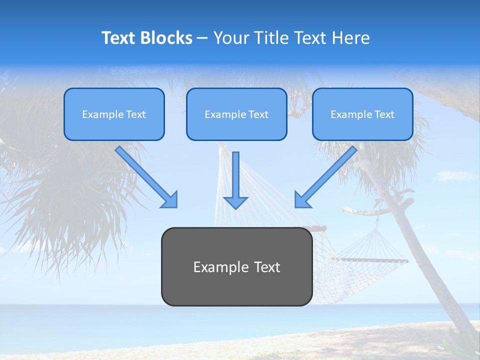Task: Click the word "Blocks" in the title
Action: pos(167,38)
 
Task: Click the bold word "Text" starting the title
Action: pos(120,38)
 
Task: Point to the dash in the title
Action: pos(202,38)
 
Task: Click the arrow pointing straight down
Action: pos(235,175)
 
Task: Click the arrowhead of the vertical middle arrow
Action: pos(235,202)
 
